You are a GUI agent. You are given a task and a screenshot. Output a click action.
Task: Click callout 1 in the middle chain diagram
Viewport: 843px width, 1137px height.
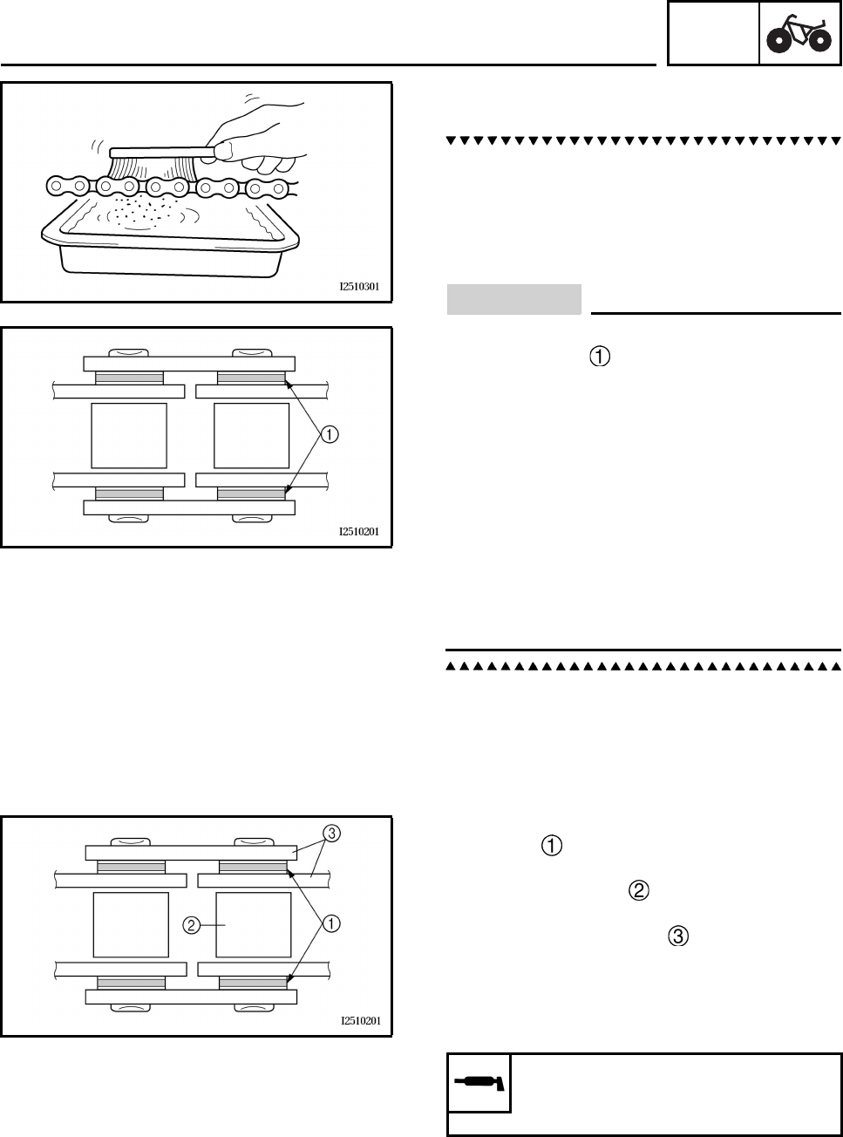(x=331, y=432)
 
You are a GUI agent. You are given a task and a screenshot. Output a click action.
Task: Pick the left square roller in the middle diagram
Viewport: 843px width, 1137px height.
(x=129, y=435)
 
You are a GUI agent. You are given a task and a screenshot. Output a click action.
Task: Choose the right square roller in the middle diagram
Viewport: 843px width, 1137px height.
(x=252, y=435)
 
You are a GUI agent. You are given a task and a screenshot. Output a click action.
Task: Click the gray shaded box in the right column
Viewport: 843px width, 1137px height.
(x=513, y=299)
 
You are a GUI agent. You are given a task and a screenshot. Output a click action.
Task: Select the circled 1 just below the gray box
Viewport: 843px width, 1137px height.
(x=600, y=356)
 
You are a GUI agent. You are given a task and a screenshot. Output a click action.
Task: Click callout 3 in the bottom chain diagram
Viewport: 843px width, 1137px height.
(x=331, y=833)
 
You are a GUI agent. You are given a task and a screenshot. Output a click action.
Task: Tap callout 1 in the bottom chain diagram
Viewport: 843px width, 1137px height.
(x=331, y=923)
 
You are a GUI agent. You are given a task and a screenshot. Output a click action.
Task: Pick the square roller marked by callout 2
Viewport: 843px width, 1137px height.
(x=254, y=924)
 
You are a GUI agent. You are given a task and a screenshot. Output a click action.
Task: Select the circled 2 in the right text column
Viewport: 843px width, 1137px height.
(x=637, y=890)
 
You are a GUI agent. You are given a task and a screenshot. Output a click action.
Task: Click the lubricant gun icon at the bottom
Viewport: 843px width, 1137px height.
(x=479, y=1083)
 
